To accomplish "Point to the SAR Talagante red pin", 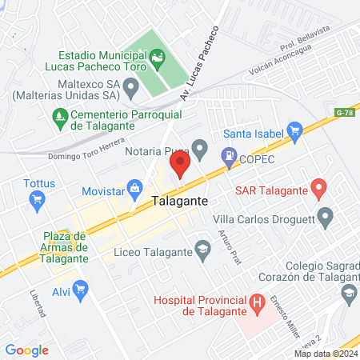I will [318, 190].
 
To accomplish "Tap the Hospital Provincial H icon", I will [257, 303].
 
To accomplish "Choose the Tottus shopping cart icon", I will [36, 202].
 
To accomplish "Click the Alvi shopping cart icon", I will [80, 290].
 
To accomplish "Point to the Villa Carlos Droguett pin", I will [324, 216].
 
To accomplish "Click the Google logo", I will [27, 350].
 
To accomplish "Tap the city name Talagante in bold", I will [181, 203].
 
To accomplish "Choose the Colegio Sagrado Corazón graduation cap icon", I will [349, 294].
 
